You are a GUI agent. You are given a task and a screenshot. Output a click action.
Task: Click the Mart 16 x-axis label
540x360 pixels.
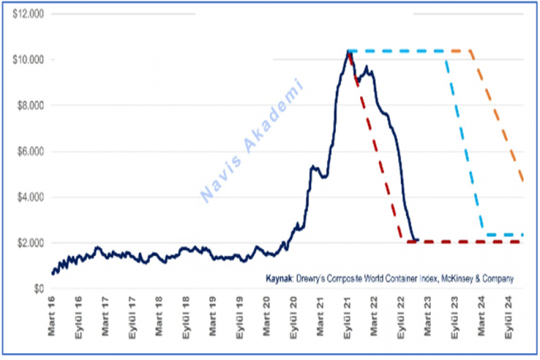click(52, 316)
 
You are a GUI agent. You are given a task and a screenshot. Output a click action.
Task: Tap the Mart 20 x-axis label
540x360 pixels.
click(267, 316)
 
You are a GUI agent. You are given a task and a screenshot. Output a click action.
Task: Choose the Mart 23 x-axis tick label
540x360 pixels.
click(429, 316)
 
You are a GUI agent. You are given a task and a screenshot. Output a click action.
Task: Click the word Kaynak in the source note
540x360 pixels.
click(278, 278)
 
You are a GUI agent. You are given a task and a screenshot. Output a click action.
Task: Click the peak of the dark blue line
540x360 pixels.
click(349, 51)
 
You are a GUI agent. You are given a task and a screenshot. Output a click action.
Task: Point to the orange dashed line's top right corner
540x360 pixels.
click(470, 51)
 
